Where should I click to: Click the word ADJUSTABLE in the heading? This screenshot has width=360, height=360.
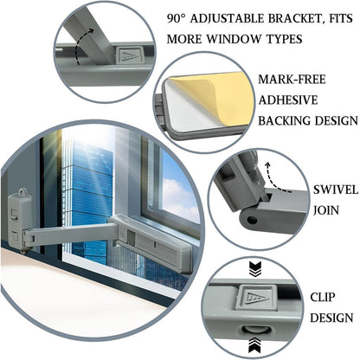[x=228, y=19]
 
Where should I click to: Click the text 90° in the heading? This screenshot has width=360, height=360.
[x=177, y=19]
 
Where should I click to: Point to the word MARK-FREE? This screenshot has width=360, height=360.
[x=292, y=80]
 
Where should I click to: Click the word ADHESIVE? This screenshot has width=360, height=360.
[x=288, y=100]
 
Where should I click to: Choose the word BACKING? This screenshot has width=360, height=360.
[x=285, y=120]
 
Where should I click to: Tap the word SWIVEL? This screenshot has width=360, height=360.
[x=336, y=190]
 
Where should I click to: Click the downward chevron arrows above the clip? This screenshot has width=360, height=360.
[x=254, y=269]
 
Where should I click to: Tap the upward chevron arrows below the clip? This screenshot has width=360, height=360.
[x=254, y=345]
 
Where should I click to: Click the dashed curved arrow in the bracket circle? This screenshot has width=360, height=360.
[x=80, y=46]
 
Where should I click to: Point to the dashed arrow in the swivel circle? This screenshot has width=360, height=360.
[x=276, y=179]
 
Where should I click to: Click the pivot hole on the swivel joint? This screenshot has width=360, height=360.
[x=252, y=221]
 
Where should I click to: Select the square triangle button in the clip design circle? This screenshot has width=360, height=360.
[x=255, y=298]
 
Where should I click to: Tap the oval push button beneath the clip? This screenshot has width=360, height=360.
[x=255, y=331]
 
